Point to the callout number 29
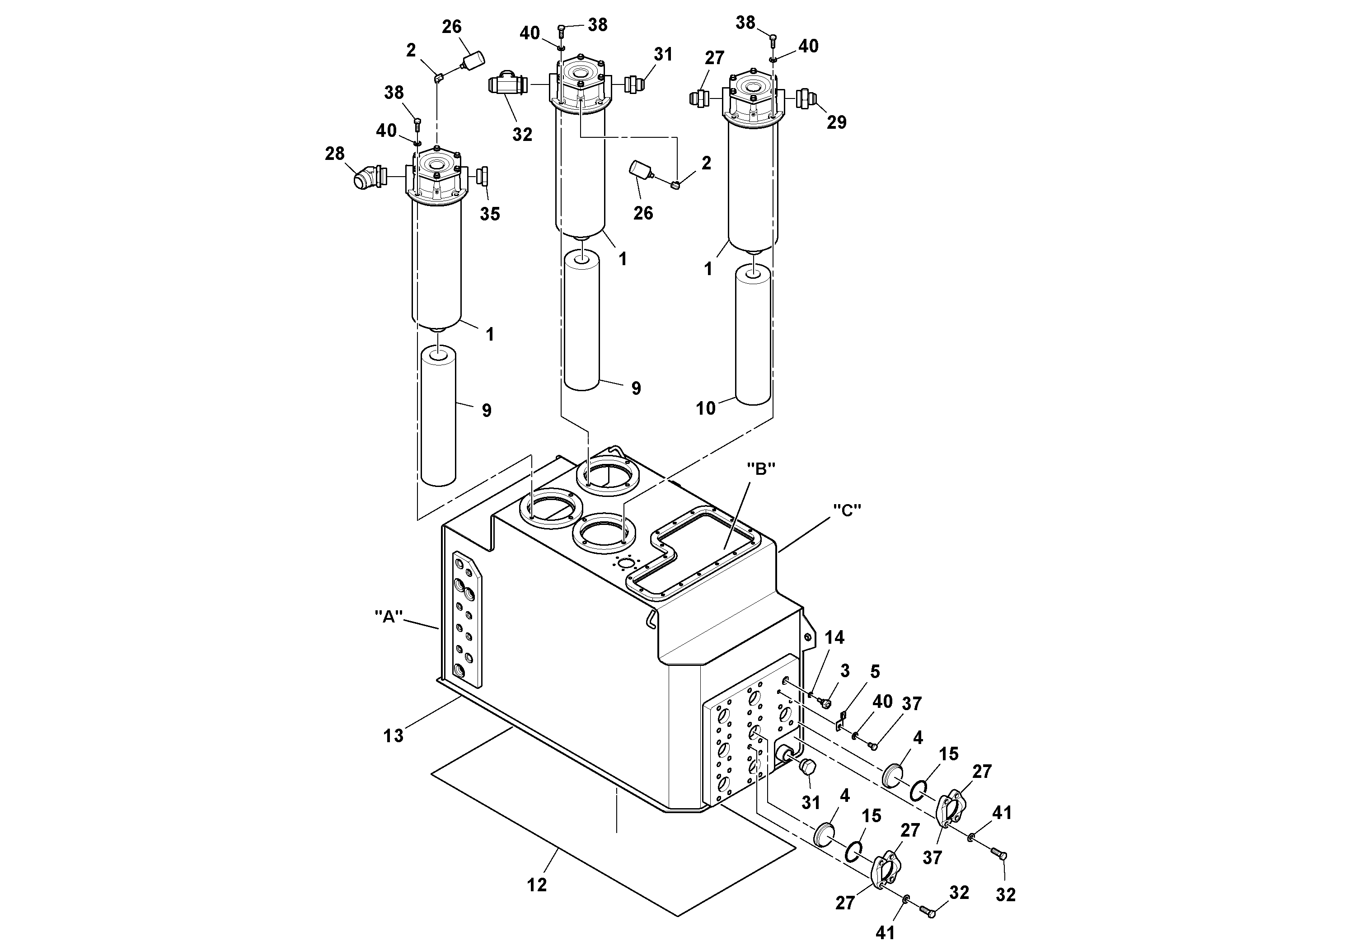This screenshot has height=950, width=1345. [x=837, y=122]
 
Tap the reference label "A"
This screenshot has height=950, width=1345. [x=389, y=616]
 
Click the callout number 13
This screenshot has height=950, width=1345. [x=393, y=735]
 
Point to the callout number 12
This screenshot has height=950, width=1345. [x=537, y=885]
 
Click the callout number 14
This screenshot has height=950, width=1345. [x=834, y=638]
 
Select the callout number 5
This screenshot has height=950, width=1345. [x=875, y=672]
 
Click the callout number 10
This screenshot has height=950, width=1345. [x=705, y=408]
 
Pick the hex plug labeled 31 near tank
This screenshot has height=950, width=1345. [x=808, y=767]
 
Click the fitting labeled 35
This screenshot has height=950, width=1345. [x=484, y=175]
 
